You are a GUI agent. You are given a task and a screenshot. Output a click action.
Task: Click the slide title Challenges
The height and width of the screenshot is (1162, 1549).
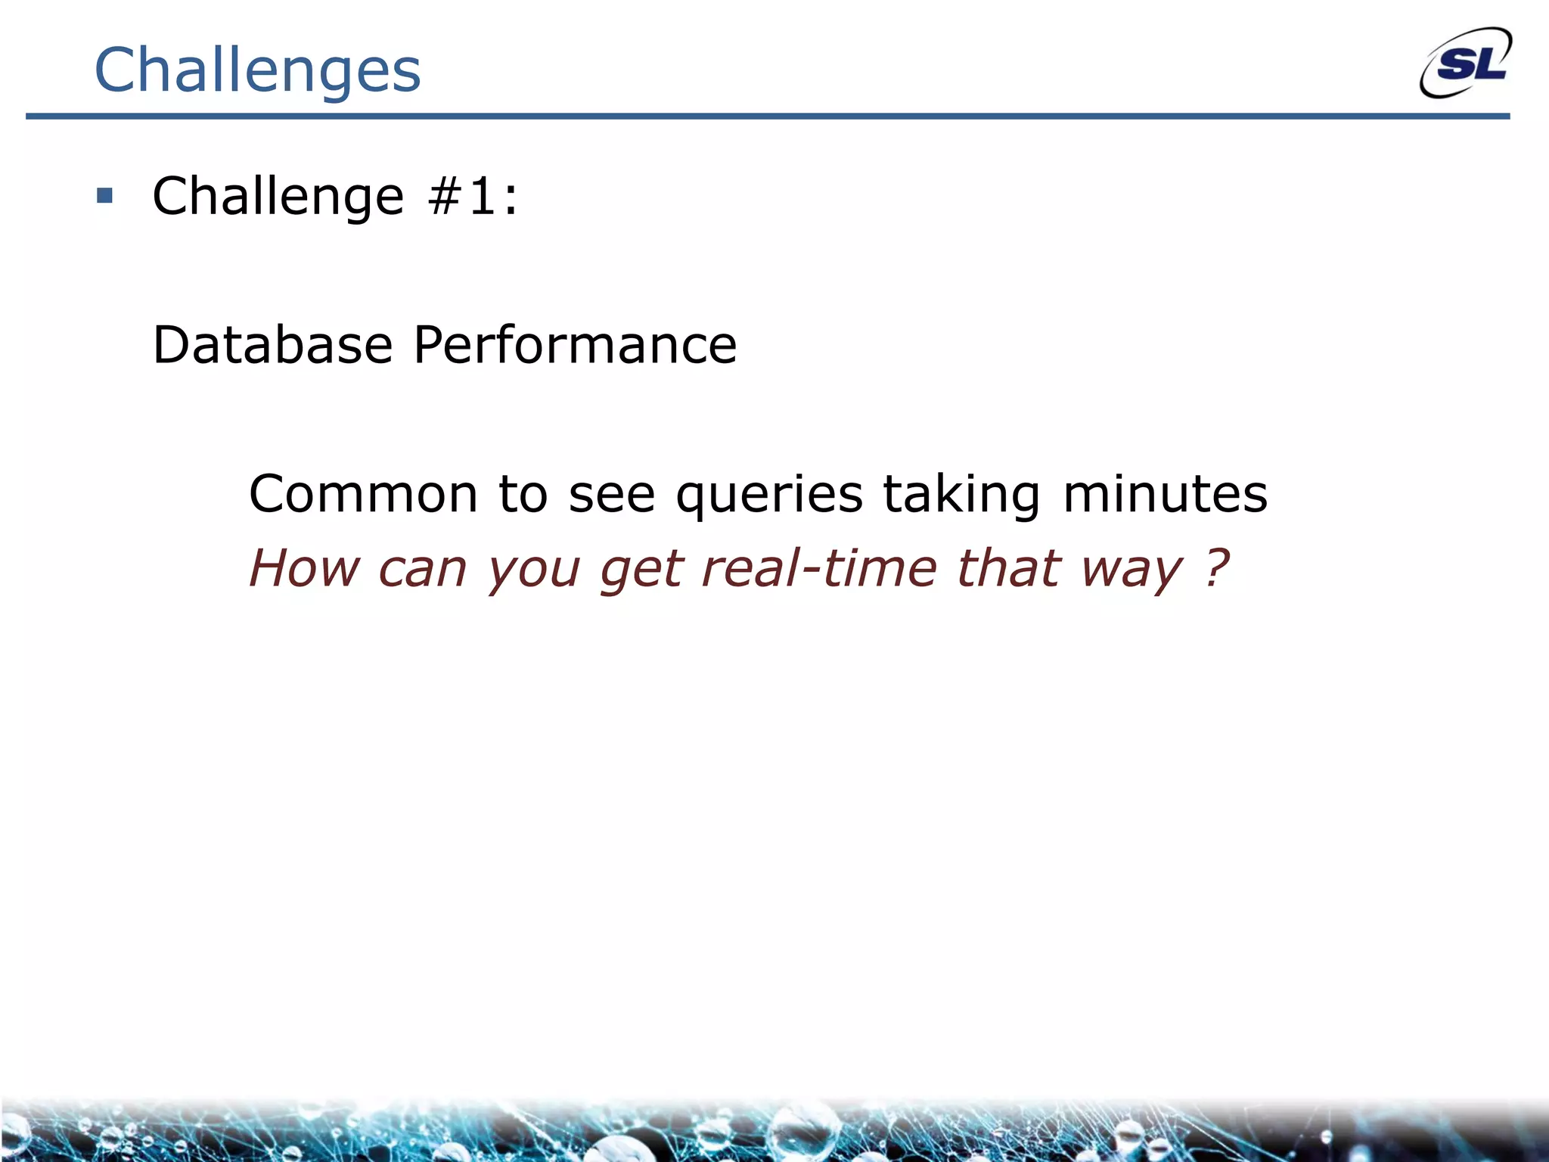(x=257, y=70)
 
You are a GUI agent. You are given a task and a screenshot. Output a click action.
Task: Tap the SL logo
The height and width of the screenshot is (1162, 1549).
(x=1466, y=64)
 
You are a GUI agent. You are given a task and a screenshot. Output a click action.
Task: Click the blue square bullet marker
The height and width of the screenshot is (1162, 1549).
(x=105, y=197)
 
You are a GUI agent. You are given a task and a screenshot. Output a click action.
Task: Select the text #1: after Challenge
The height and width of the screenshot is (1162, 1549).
(x=473, y=196)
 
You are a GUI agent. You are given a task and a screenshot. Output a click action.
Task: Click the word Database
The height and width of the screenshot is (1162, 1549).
(x=272, y=345)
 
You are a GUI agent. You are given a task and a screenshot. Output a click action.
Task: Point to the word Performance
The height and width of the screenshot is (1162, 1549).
(x=575, y=345)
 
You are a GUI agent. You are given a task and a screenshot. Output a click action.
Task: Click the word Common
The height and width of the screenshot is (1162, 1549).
(x=363, y=494)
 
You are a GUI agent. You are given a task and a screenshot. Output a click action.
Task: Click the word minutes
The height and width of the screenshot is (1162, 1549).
(x=1165, y=494)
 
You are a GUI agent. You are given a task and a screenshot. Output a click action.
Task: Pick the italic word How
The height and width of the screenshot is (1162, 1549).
(x=304, y=568)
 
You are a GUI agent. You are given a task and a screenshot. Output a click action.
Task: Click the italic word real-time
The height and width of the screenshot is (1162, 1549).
(x=819, y=568)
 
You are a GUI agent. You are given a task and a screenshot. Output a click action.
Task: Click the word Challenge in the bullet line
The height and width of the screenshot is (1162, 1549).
(x=278, y=196)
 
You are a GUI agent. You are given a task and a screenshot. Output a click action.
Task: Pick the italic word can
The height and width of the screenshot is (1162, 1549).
(x=422, y=570)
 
